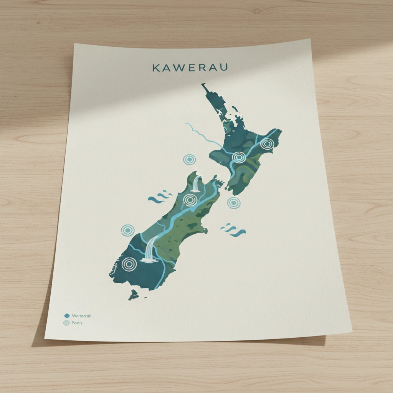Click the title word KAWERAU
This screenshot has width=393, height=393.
point(190,68)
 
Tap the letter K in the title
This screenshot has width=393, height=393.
point(156,68)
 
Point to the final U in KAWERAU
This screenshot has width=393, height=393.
point(224,67)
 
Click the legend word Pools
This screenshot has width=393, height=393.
point(77,323)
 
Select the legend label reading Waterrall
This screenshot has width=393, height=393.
point(82,315)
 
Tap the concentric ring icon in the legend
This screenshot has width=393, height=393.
point(67,323)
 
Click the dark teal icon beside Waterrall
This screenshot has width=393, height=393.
point(67,315)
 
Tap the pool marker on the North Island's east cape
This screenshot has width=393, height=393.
point(267,144)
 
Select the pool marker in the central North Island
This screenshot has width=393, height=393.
point(239,157)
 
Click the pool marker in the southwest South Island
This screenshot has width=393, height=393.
point(129,264)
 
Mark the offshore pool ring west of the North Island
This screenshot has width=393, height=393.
point(189,160)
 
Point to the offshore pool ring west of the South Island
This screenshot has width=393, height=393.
point(128,230)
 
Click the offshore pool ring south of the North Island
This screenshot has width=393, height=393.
point(233,203)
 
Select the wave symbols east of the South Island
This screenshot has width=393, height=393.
point(233,230)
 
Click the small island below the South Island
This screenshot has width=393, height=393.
point(133,295)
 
